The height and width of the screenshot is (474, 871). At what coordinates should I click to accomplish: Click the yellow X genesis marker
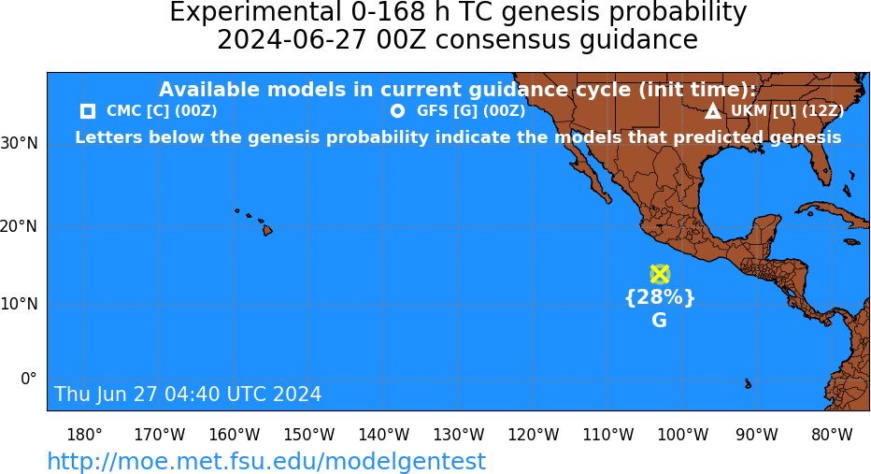[x=660, y=274]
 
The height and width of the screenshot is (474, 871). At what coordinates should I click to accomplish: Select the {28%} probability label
[x=660, y=297]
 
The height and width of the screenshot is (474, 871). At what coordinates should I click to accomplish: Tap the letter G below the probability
[x=660, y=320]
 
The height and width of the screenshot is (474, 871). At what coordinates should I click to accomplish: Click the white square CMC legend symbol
[x=88, y=111]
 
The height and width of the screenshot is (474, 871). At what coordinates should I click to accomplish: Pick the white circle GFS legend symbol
[x=398, y=111]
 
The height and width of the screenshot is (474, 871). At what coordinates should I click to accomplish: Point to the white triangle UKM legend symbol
[x=713, y=111]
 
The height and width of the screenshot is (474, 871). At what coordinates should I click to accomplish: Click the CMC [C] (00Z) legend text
[x=162, y=111]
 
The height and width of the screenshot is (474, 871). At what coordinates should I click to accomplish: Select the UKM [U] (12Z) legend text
[x=787, y=111]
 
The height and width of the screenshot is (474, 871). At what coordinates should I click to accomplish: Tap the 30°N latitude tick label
[x=20, y=143]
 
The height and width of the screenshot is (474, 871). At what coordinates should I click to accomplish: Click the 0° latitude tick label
[x=29, y=379]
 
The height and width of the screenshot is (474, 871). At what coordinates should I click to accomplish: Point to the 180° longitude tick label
[x=84, y=435]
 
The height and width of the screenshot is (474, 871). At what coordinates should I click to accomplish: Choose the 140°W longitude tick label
[x=384, y=435]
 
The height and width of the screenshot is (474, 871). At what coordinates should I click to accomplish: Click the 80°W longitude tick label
[x=832, y=435]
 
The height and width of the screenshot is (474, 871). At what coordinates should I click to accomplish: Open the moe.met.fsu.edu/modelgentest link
[x=266, y=461]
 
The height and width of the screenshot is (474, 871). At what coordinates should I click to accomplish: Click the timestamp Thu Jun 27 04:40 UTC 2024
[x=188, y=394]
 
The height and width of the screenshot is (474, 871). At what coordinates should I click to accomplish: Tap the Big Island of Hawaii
[x=267, y=229]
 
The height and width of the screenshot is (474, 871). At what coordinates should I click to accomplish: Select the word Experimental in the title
[x=255, y=12]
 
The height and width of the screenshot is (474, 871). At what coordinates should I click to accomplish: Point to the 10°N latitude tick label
[x=20, y=304]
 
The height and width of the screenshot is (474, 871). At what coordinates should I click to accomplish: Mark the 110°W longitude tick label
[x=608, y=435]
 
